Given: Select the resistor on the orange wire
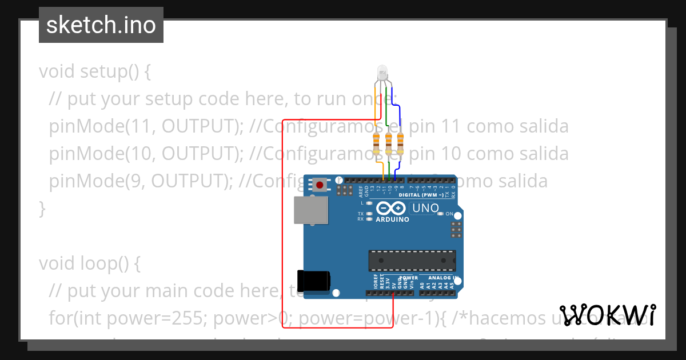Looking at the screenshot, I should point(376,143).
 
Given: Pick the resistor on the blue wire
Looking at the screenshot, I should point(400,143).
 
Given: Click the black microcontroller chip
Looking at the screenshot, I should point(412,260).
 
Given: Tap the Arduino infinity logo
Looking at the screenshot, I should point(392,209).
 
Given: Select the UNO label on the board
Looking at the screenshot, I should point(425,208).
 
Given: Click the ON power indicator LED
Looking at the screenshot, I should point(440,214).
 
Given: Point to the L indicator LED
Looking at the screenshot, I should point(370,203).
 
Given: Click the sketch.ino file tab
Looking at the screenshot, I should point(101,25).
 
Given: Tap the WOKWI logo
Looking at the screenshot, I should point(608,315).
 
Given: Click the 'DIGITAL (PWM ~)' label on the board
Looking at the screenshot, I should point(421,195).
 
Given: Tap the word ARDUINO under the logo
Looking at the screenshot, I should point(392,219).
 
